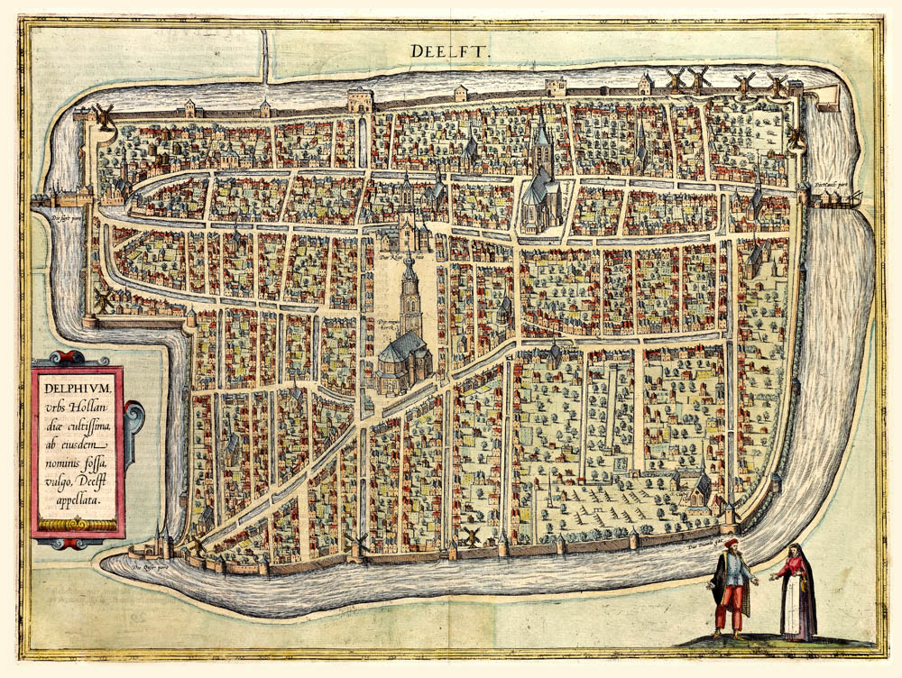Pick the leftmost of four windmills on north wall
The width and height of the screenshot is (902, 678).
coord(674,78)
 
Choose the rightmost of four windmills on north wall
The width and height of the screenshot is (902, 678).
coord(777,84)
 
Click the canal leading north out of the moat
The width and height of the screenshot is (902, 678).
coord(265,54)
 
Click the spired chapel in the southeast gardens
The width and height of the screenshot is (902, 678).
coord(699,487)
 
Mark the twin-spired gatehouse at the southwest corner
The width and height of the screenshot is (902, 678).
coord(162,541)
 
